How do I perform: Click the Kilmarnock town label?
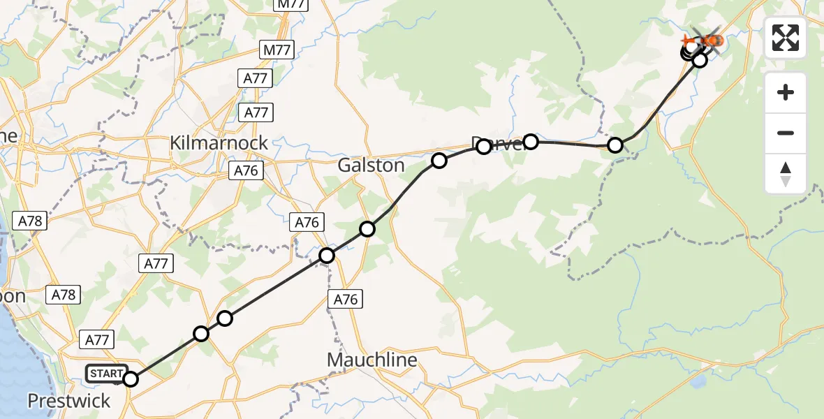coord(219,143)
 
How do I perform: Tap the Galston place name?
coord(371,166)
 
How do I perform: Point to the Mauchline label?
coord(373,360)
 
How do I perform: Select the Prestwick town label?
coord(68,401)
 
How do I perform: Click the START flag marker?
coord(106,374)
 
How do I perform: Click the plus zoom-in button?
coord(786,92)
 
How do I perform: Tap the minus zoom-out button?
coord(786,133)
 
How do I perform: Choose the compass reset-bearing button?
coord(786,173)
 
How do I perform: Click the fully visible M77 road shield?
coord(277,50)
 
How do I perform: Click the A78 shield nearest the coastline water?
coord(31,222)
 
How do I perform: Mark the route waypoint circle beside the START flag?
coord(131,379)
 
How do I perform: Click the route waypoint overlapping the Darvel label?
coord(484,147)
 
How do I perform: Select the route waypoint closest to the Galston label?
coord(439,161)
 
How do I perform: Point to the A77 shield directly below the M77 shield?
coord(256,79)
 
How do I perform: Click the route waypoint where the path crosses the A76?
coord(327,256)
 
